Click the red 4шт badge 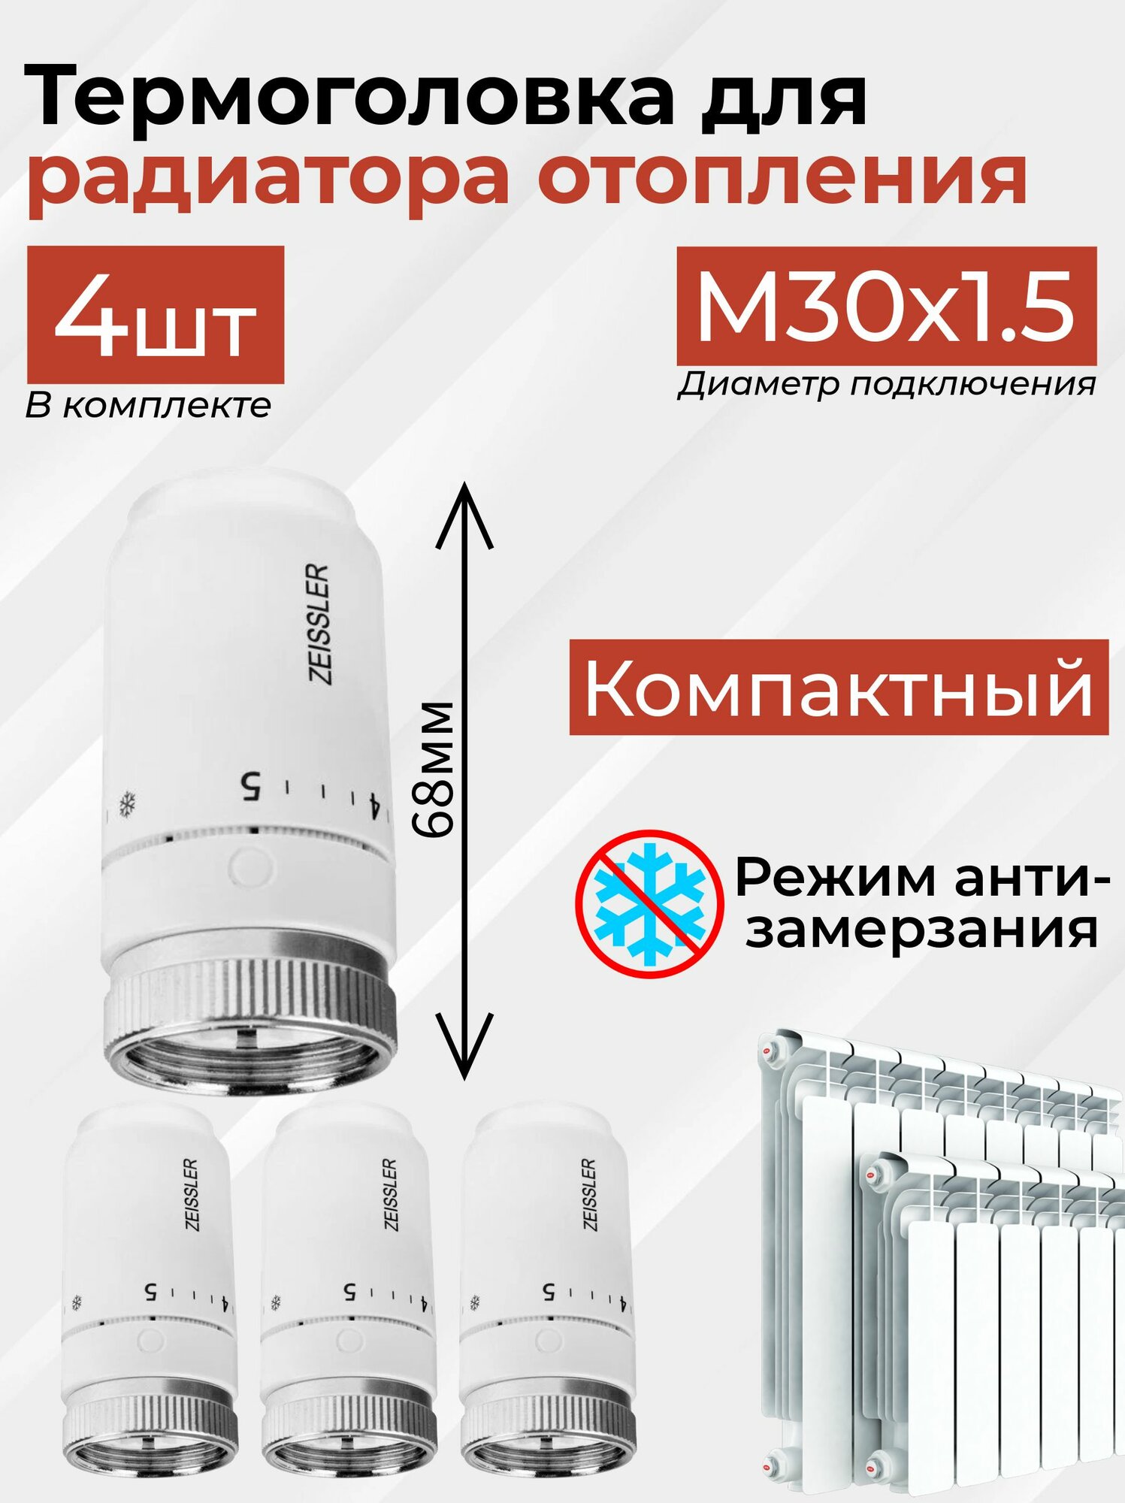[x=156, y=316]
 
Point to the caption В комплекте [x=148, y=407]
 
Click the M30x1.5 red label [x=886, y=307]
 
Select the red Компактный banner [x=838, y=688]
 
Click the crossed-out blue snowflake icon [x=650, y=904]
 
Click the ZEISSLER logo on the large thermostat [x=320, y=624]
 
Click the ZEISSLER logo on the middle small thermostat [x=390, y=1194]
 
